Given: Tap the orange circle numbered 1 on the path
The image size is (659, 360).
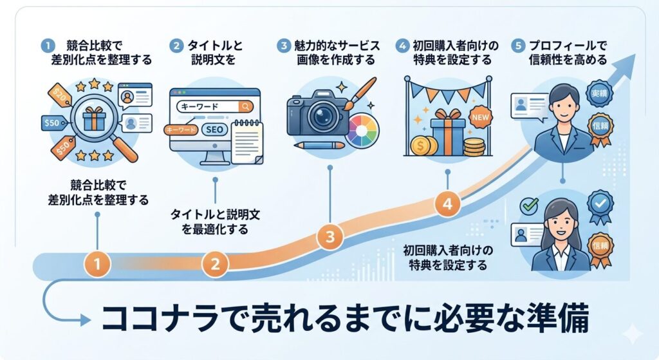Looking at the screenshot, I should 97,263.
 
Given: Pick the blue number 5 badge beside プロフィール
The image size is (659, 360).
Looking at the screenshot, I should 518,46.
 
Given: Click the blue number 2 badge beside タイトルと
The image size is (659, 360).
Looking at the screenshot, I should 175,46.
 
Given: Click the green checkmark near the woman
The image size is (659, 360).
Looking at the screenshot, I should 529,205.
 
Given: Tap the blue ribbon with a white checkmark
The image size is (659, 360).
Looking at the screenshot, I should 600,203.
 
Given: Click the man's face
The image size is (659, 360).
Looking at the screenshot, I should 564,102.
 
